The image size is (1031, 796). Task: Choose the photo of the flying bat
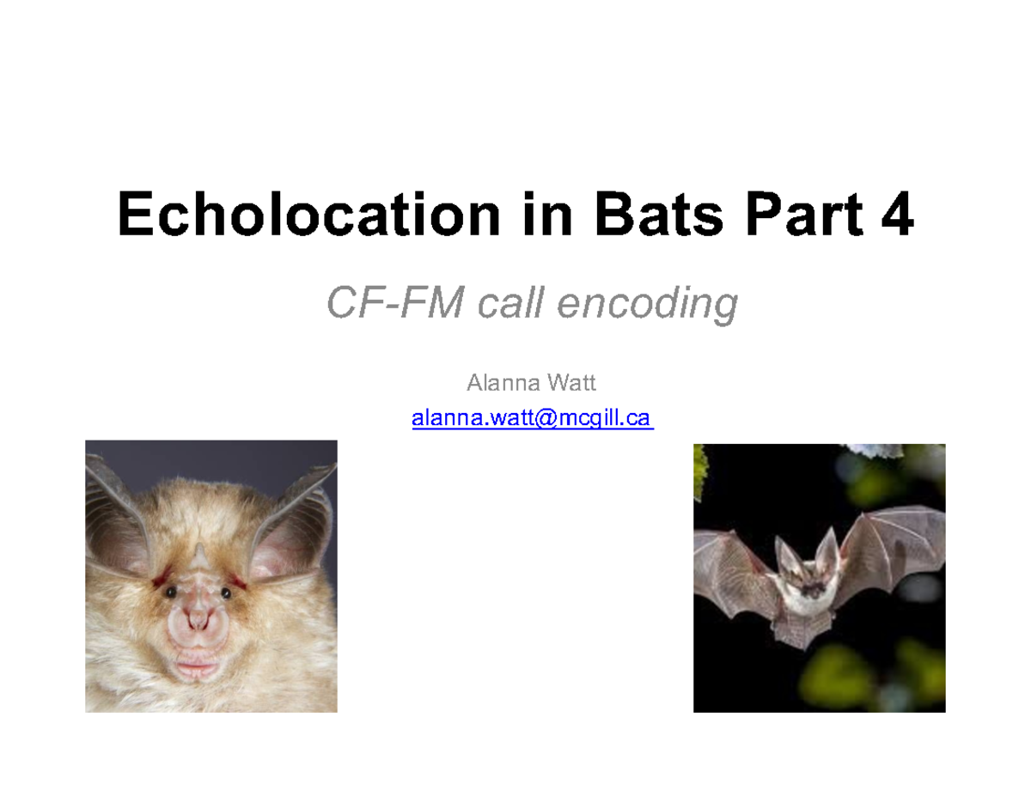[x=819, y=578]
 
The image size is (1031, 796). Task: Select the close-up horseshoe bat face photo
[x=210, y=576]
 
